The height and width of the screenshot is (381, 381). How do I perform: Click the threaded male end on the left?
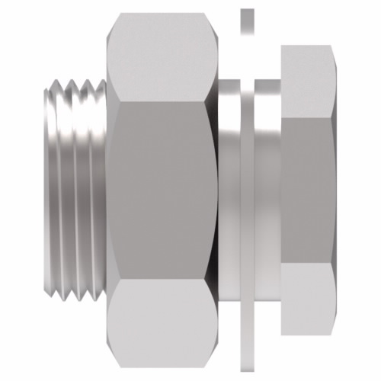pos(72,190)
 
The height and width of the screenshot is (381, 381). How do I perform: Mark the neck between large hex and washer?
pos(229,190)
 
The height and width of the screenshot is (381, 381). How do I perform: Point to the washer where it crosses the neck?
pos(247,190)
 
